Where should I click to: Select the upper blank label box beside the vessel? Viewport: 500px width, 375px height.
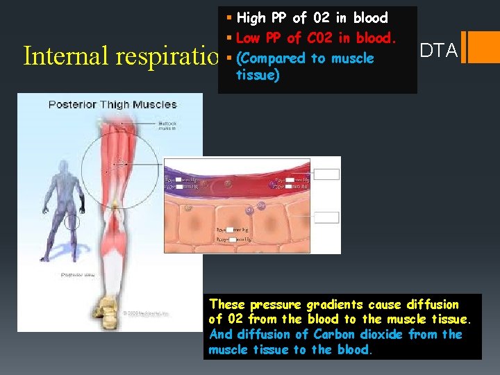[x=328, y=174]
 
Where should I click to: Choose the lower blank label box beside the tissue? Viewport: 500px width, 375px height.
[x=328, y=217]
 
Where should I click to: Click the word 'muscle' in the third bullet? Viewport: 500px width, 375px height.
[x=352, y=59]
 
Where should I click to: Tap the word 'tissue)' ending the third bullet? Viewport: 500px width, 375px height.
[x=258, y=75]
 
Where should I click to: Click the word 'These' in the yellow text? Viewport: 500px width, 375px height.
[x=228, y=304]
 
